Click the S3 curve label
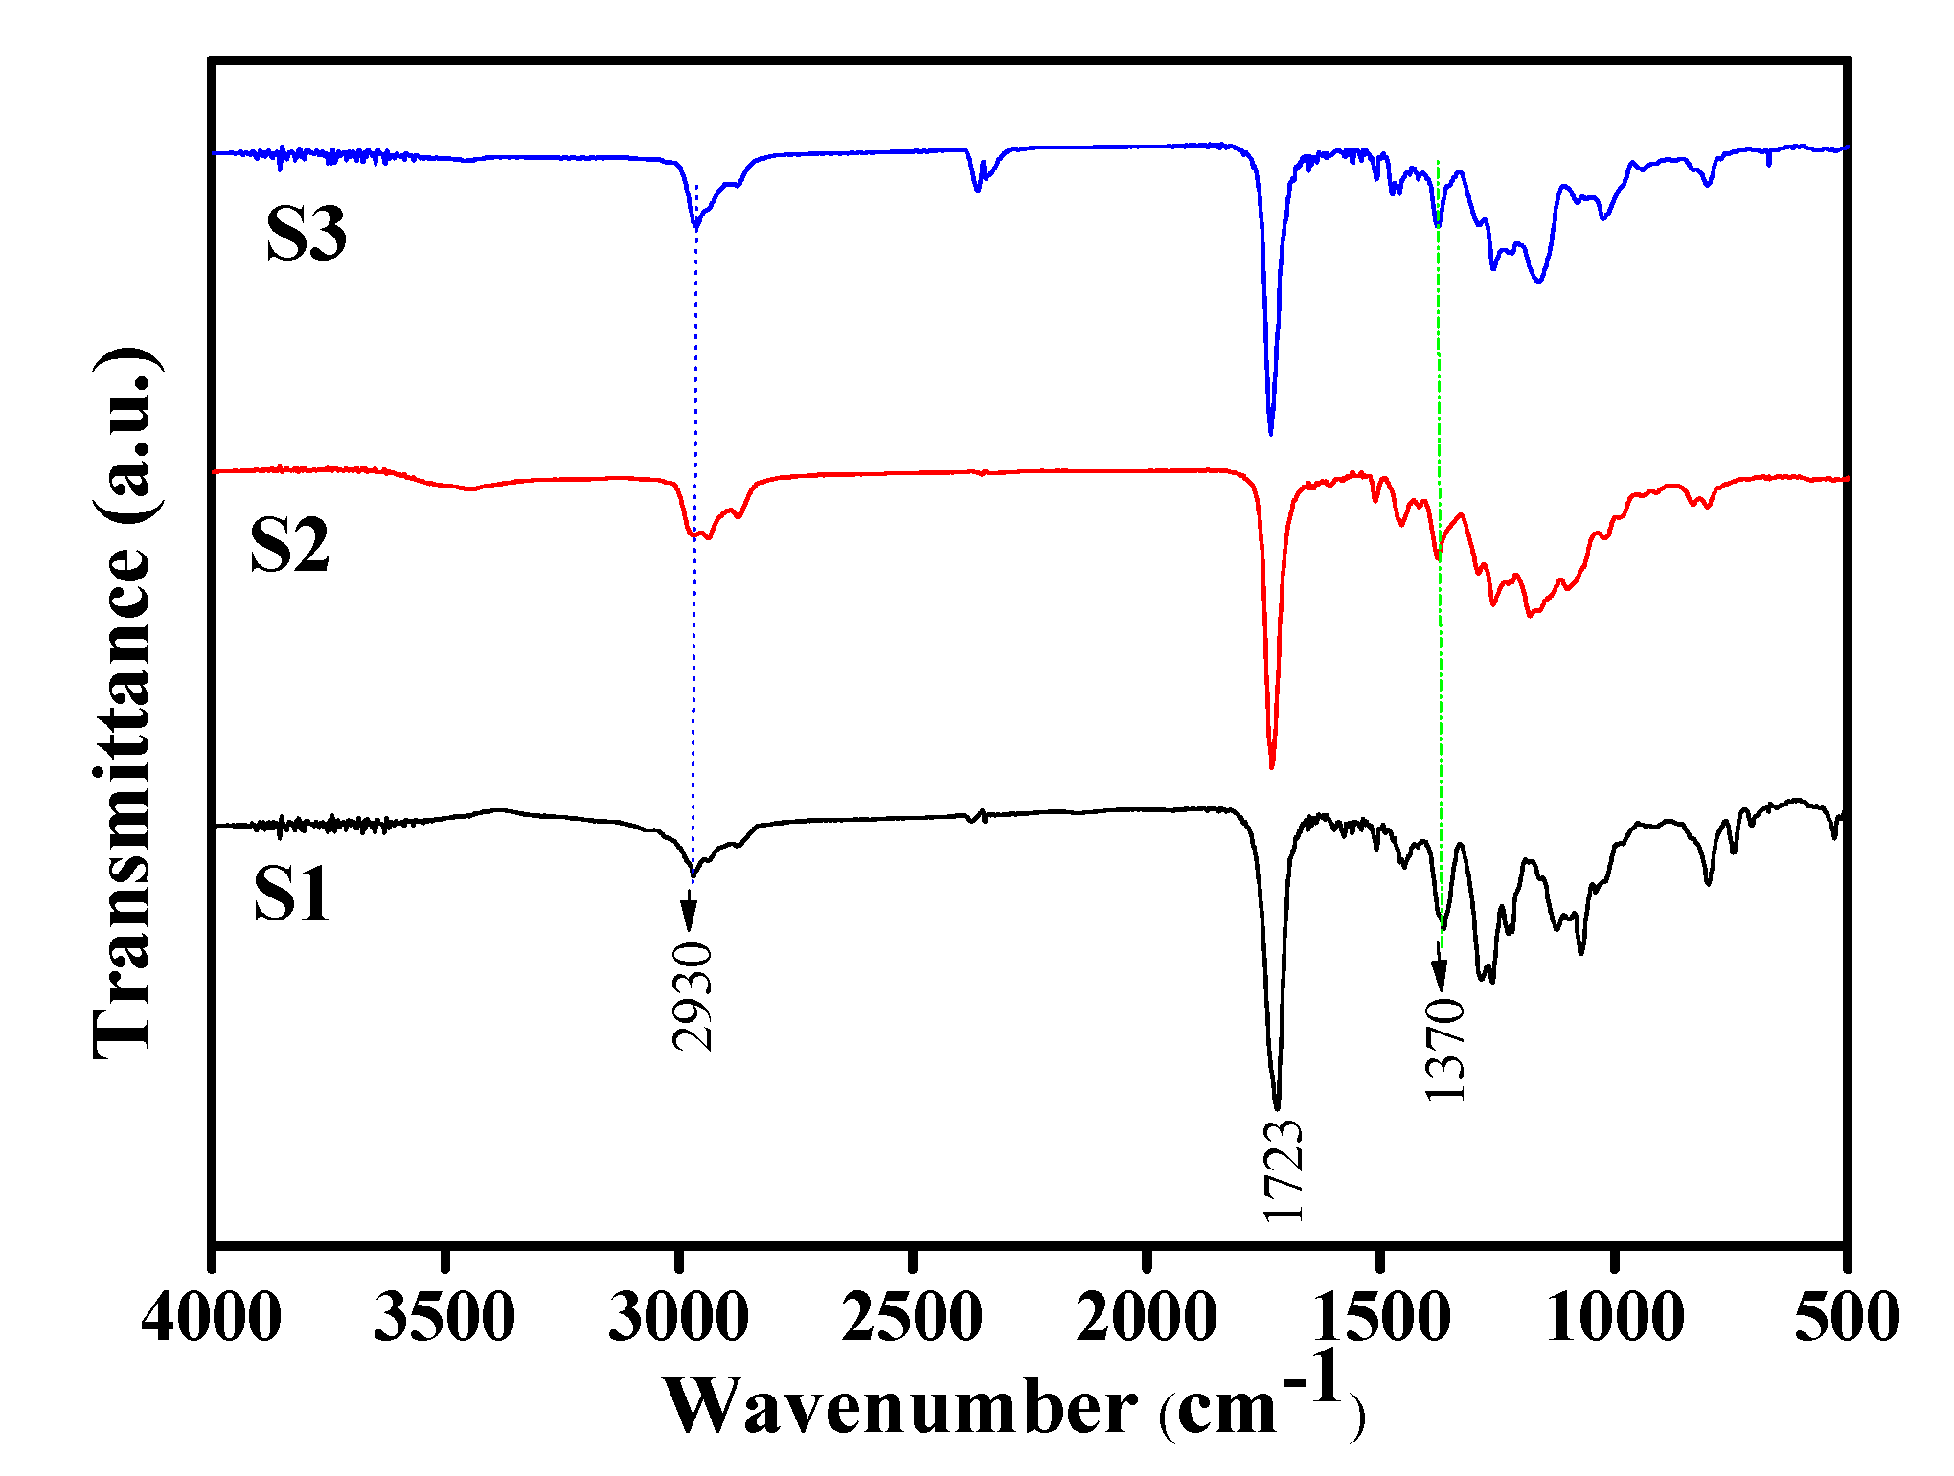(307, 235)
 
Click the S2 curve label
(290, 546)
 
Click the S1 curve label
(292, 894)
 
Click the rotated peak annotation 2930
(693, 997)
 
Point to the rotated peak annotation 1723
(1283, 1169)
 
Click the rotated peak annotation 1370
(1444, 1049)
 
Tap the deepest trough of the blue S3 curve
(1270, 433)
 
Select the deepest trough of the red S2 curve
(1271, 766)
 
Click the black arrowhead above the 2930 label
(688, 918)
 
